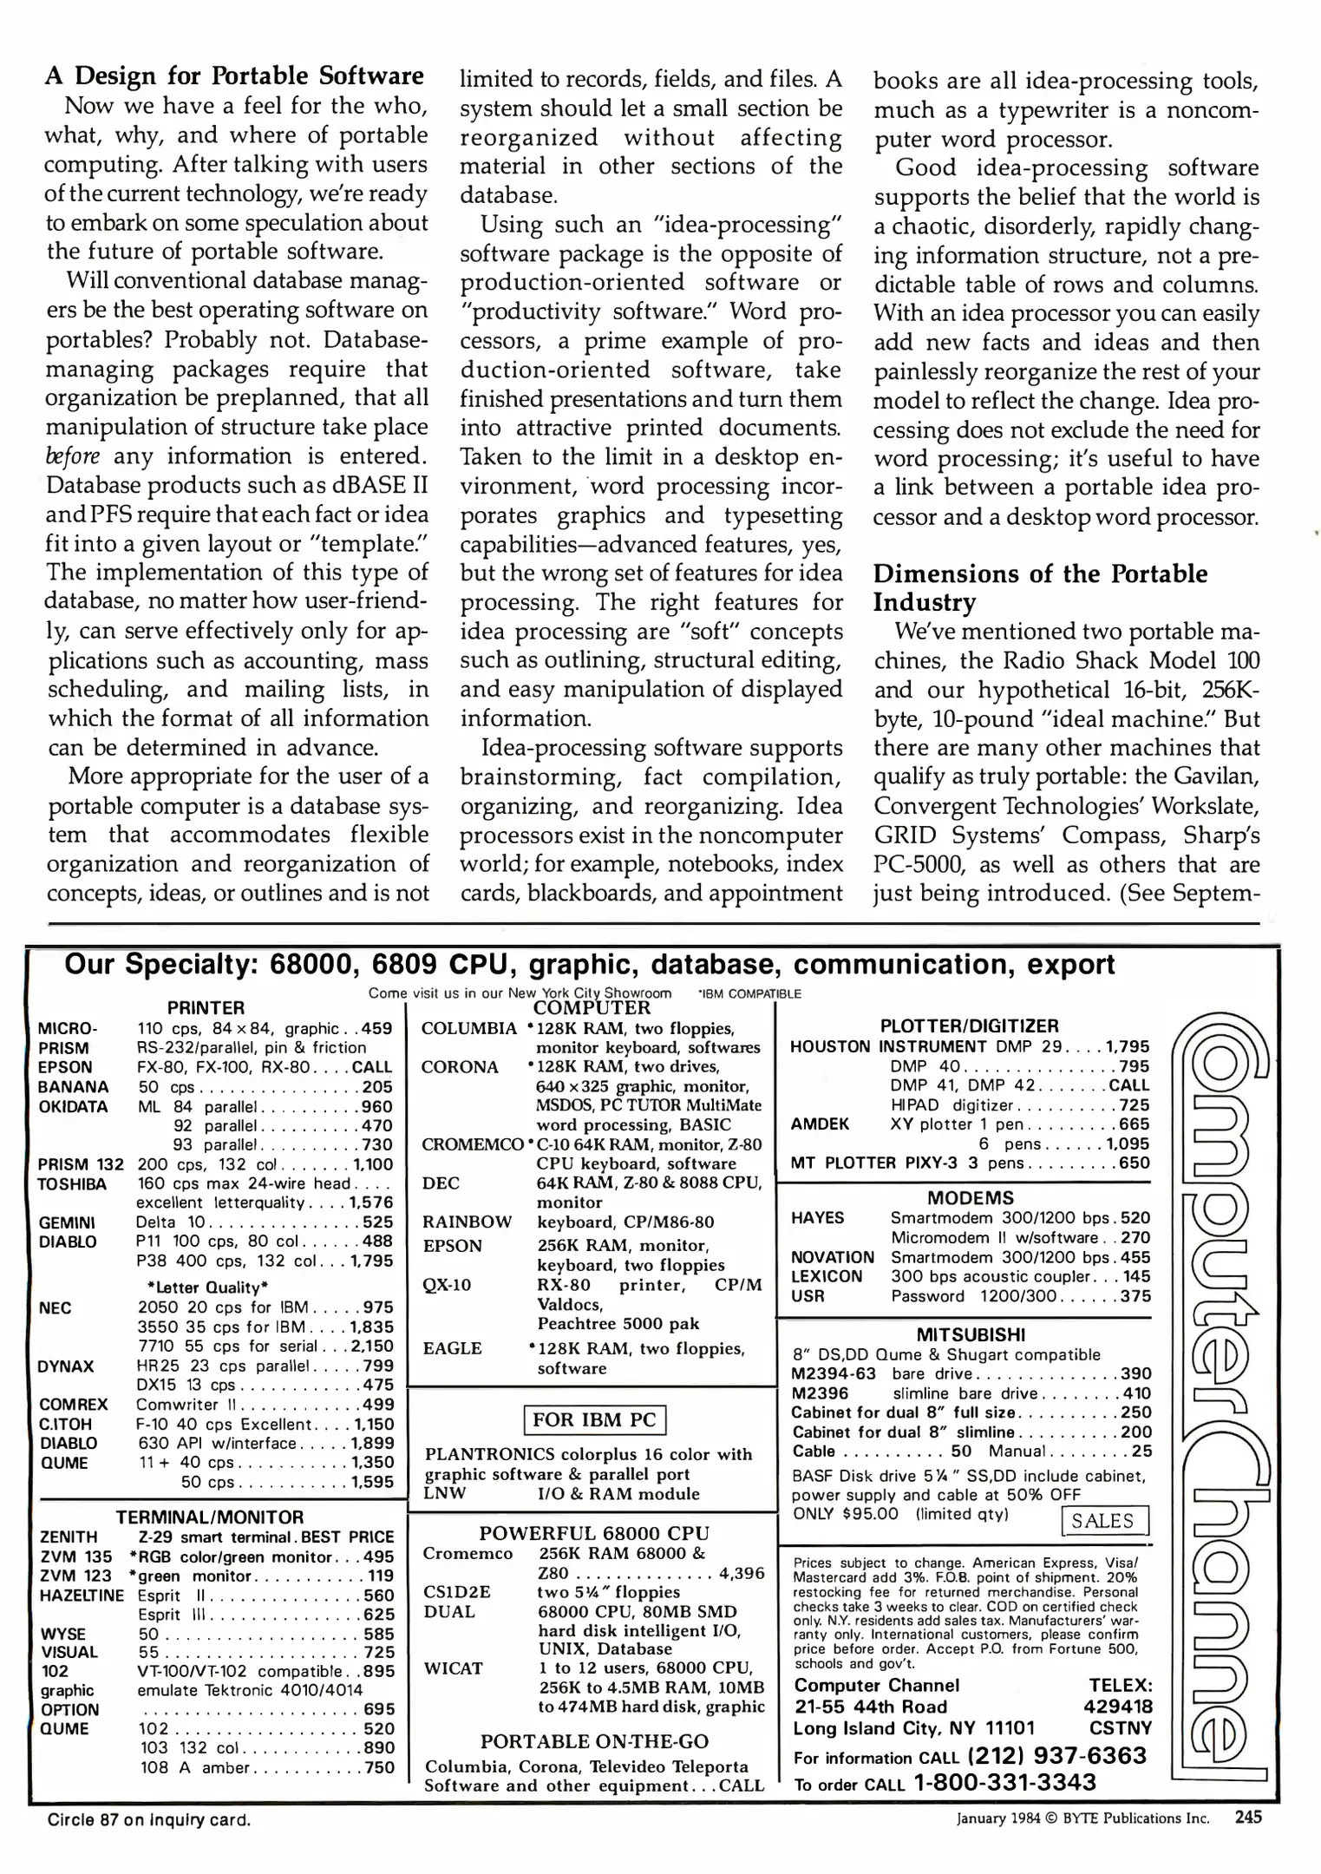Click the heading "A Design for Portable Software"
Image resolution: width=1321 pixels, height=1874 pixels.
(234, 75)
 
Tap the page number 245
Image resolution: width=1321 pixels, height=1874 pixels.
(1248, 1817)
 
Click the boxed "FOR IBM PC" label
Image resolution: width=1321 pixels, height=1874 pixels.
(594, 1420)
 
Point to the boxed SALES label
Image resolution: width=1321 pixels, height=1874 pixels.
(1103, 1520)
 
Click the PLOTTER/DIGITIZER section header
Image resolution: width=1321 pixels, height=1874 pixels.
(969, 1025)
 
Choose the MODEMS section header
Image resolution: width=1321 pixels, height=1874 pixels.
(970, 1198)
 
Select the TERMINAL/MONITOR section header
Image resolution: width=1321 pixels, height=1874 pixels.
(210, 1517)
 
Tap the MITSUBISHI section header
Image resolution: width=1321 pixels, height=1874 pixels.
(971, 1334)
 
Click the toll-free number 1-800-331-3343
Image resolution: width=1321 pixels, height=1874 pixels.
(1005, 1782)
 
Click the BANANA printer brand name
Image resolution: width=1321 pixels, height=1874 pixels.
(73, 1086)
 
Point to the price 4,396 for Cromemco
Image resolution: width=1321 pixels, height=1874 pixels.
(742, 1573)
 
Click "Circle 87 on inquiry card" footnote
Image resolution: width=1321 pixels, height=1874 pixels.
(149, 1819)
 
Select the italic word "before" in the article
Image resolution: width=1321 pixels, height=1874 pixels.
(72, 456)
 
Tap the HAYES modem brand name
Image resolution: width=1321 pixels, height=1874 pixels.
(817, 1217)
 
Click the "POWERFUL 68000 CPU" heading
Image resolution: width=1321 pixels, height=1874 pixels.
(594, 1533)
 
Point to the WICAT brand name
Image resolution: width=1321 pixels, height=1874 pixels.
(453, 1668)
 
